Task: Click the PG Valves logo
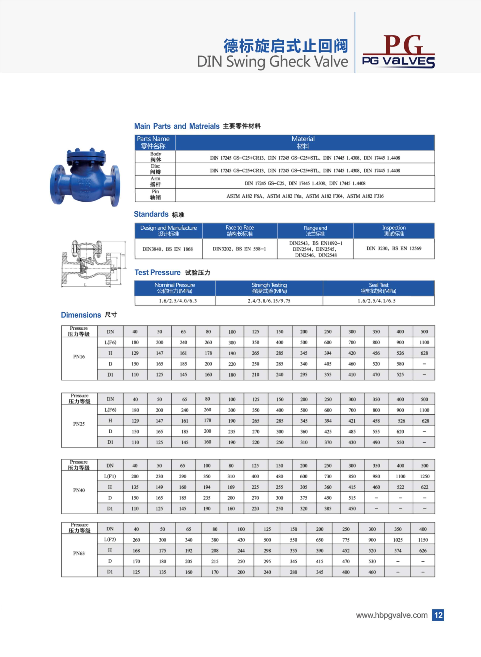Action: (x=398, y=52)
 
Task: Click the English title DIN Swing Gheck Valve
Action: (x=272, y=62)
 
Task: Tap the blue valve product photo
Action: (x=84, y=177)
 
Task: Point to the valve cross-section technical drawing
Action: (x=93, y=264)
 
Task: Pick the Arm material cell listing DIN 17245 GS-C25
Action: (x=305, y=183)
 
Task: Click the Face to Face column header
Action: (x=240, y=231)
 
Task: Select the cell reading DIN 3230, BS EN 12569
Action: (x=394, y=248)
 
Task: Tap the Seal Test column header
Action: (x=379, y=288)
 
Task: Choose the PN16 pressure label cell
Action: (x=79, y=357)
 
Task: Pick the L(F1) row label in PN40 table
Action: (x=110, y=476)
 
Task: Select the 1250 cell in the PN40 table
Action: (x=424, y=476)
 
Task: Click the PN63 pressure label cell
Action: (x=79, y=553)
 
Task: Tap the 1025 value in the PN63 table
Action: (x=398, y=540)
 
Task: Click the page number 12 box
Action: (x=438, y=615)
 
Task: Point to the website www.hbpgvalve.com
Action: (x=391, y=615)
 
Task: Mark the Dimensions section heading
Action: (x=81, y=315)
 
